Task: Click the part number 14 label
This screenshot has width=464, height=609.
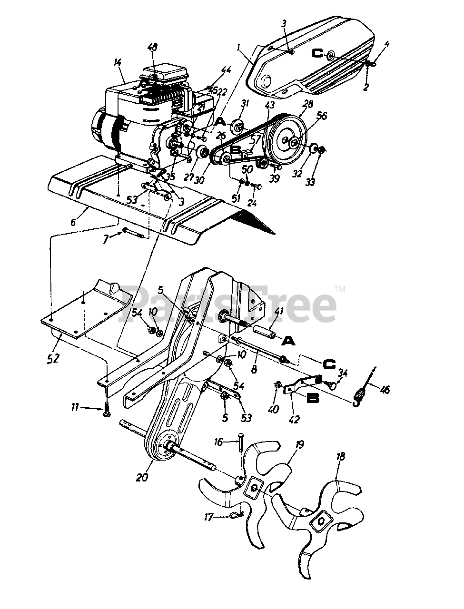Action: [118, 62]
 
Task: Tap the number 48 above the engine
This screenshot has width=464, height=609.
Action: [152, 48]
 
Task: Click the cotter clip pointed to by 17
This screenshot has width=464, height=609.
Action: [237, 515]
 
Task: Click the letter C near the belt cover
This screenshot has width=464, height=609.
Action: [317, 53]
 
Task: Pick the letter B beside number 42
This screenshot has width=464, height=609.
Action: [313, 398]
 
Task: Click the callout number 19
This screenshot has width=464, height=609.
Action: [300, 446]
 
